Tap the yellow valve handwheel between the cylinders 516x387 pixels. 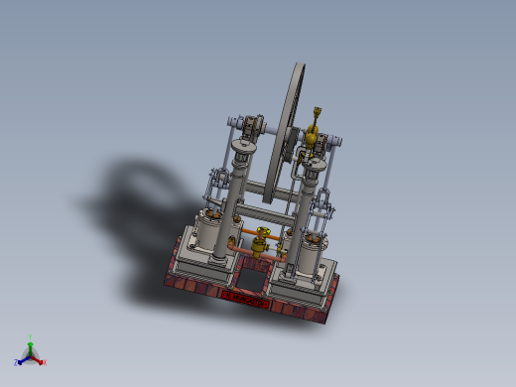point(262,234)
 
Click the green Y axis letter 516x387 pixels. point(31,337)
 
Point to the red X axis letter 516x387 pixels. point(45,363)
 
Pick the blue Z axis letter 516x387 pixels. point(17,363)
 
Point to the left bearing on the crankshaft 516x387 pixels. point(250,127)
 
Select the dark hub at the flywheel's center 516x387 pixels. point(290,149)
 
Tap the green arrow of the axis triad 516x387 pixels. point(31,346)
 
